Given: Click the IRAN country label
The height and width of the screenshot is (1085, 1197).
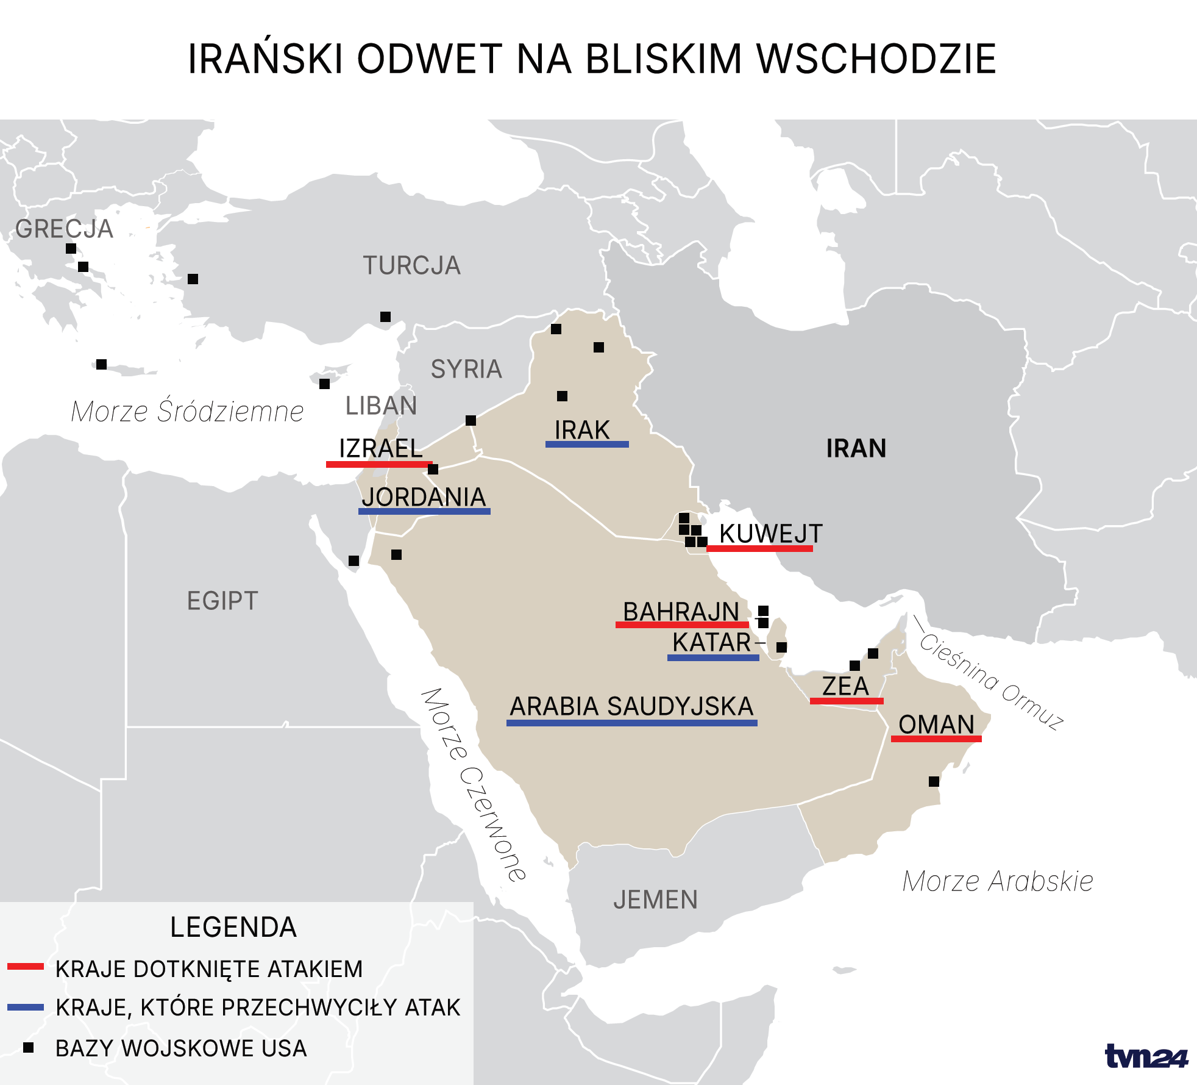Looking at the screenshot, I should click(856, 448).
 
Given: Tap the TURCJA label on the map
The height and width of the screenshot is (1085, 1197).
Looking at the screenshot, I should click(411, 265).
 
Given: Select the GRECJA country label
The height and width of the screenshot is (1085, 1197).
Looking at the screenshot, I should click(64, 229).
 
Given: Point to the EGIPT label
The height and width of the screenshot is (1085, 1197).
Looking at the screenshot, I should click(222, 601).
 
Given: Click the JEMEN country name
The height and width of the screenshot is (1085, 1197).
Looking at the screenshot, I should click(655, 900).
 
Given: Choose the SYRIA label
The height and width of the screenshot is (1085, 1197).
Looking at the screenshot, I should click(466, 369).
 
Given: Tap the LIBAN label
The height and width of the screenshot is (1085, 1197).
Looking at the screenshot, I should click(381, 406).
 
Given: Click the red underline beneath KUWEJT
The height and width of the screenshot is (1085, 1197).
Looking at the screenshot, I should click(759, 549).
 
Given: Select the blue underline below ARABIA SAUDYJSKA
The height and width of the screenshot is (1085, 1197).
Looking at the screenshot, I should click(631, 723).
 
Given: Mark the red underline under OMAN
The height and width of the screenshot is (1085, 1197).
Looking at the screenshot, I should click(936, 739).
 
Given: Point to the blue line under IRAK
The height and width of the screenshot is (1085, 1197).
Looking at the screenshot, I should click(587, 445).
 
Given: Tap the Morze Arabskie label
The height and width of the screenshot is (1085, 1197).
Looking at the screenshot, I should click(998, 881).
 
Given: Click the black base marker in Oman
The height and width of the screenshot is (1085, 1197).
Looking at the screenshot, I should click(934, 781).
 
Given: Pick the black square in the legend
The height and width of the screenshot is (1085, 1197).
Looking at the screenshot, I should click(28, 1048).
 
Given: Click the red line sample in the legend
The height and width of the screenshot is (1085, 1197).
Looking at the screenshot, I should click(26, 967).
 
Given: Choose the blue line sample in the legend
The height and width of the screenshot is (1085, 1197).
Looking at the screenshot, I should click(26, 1008).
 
